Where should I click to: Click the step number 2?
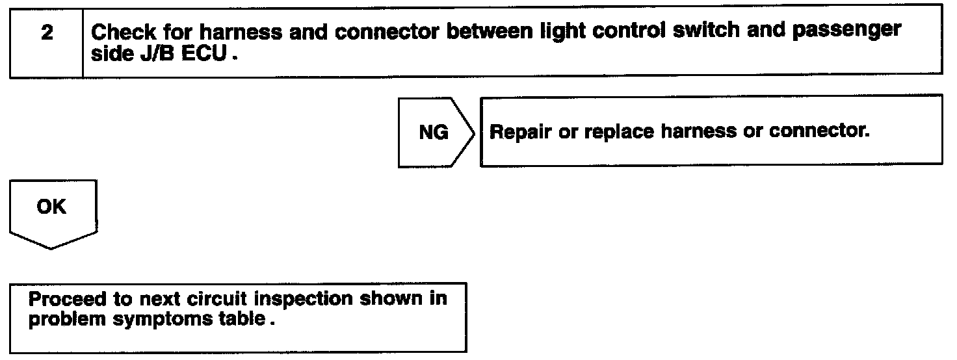click(47, 33)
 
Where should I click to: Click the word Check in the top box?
click(124, 32)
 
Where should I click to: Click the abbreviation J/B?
click(157, 53)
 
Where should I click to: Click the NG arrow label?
click(434, 133)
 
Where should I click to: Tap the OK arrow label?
click(51, 207)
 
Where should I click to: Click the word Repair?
click(520, 132)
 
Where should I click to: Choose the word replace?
click(619, 132)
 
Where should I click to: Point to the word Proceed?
click(67, 299)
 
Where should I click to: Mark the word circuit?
click(217, 298)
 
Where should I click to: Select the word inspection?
click(303, 300)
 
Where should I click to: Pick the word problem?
click(67, 320)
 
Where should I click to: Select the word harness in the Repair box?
click(699, 131)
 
